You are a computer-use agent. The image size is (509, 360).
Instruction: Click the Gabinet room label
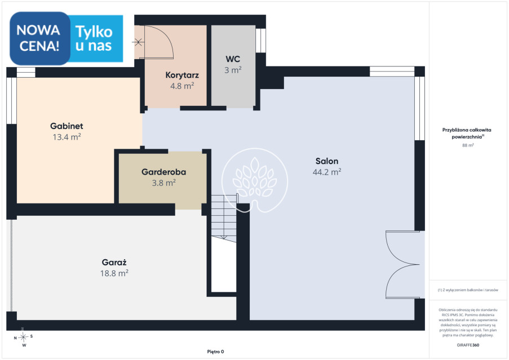[67, 126]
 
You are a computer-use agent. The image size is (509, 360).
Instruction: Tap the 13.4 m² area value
[67, 137]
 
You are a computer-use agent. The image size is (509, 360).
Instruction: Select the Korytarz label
[182, 75]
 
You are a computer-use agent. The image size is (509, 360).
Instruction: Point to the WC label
[233, 59]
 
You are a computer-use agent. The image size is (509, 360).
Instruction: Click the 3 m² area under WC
[233, 70]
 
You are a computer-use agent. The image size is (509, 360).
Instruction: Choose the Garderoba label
[163, 172]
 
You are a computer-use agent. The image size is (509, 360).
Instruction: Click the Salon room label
[327, 161]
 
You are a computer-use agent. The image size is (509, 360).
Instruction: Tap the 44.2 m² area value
[327, 172]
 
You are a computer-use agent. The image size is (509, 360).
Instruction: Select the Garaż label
[114, 262]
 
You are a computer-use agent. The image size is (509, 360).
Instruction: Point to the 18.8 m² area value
[114, 273]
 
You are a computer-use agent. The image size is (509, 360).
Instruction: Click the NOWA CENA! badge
[39, 38]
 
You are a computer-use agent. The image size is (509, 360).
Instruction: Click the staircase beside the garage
[224, 218]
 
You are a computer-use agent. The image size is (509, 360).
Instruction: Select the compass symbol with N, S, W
[23, 337]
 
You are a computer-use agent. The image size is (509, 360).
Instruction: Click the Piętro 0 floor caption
[215, 352]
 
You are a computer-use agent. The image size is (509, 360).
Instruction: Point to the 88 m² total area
[468, 145]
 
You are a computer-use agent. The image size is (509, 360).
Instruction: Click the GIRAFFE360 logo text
[468, 345]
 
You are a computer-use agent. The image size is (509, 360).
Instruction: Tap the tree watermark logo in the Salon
[255, 180]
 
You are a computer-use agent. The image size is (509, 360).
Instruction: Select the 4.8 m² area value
[182, 86]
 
